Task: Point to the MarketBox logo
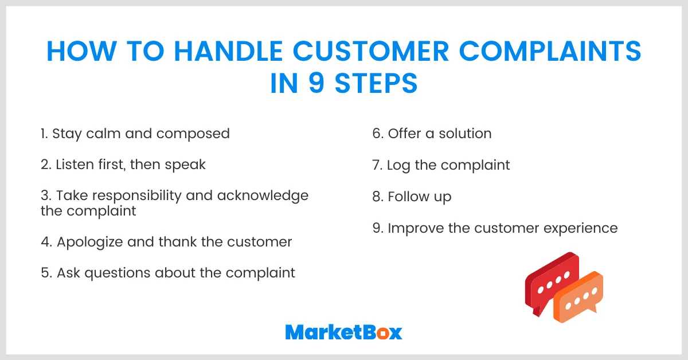click(343, 332)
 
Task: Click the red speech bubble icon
click(550, 281)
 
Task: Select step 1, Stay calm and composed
click(135, 134)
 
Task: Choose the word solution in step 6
click(465, 134)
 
